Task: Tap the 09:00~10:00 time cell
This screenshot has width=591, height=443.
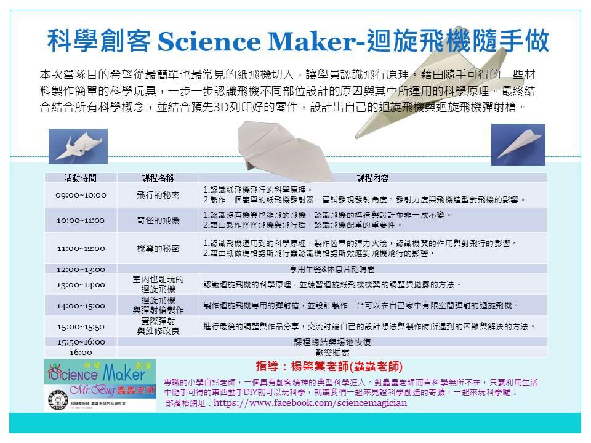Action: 81,195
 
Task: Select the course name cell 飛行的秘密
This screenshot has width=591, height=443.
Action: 158,195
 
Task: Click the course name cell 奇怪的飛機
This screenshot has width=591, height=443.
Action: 158,220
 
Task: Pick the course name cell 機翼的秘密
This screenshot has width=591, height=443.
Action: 158,249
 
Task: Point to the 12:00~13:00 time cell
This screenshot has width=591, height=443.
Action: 81,269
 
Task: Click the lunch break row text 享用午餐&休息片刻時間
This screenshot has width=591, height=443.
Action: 332,269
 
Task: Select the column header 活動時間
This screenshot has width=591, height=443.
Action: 81,178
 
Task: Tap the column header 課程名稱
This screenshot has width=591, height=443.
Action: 158,178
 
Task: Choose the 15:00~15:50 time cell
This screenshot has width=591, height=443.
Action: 81,325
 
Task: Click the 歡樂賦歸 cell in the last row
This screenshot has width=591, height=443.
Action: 332,352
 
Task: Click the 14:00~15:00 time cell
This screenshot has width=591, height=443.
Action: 81,305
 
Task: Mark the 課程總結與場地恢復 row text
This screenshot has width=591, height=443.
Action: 332,341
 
